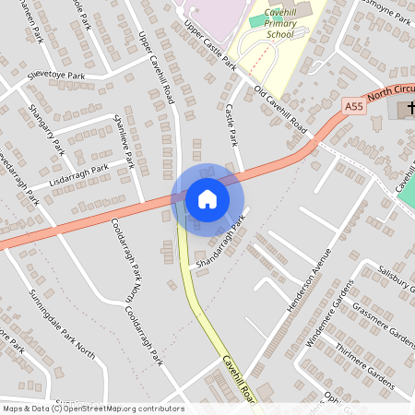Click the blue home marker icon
207,198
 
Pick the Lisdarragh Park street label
78,173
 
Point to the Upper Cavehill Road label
156,67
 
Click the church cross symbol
407,110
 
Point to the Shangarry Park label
45,130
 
